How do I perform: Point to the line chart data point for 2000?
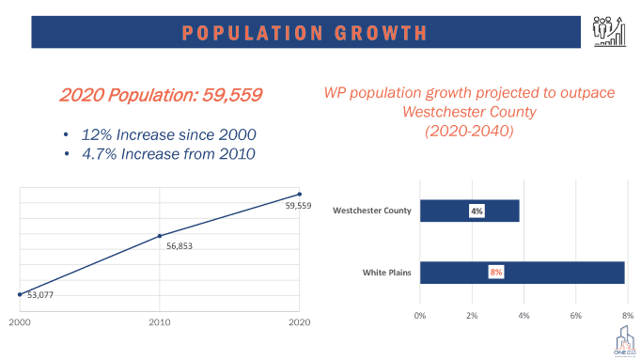click(20, 294)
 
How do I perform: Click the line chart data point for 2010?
click(160, 236)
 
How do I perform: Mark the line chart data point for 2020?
click(300, 195)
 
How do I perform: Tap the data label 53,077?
click(41, 296)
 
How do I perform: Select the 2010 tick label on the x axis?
click(160, 321)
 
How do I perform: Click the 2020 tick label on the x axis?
click(300, 321)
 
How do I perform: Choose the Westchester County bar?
click(469, 211)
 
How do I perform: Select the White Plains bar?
click(522, 273)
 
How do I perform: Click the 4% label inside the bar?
click(477, 211)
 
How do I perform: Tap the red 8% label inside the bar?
click(496, 273)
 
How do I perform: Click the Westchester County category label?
click(372, 211)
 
